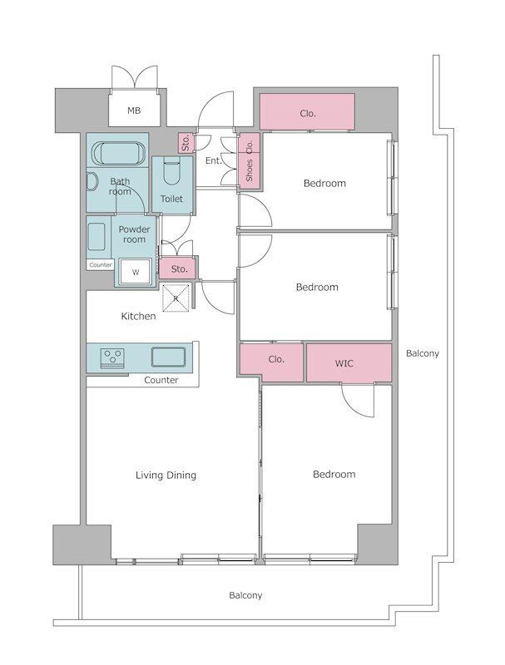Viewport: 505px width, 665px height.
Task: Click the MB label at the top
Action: click(x=134, y=111)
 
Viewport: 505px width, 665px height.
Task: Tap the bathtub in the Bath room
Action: click(x=119, y=154)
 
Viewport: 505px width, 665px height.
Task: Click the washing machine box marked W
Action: click(x=136, y=272)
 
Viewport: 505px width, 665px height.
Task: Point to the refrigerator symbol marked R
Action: click(x=176, y=298)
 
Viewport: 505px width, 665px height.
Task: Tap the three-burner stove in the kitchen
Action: click(x=112, y=357)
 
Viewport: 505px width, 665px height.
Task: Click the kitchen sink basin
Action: click(x=169, y=357)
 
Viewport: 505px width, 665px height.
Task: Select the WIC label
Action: click(x=344, y=363)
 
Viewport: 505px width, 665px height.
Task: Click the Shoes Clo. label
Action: click(x=249, y=161)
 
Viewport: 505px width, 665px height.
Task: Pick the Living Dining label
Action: click(x=166, y=475)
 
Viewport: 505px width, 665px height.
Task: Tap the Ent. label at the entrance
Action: click(x=214, y=160)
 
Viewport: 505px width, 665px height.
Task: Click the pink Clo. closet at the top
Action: click(x=307, y=111)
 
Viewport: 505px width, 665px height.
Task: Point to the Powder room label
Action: click(x=134, y=234)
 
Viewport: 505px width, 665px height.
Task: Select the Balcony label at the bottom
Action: click(x=245, y=595)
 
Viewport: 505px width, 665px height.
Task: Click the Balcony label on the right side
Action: click(x=423, y=353)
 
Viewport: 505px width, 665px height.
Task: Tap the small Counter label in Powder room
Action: click(x=101, y=264)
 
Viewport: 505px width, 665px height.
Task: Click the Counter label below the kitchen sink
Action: click(x=161, y=380)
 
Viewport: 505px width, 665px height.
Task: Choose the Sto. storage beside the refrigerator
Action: click(x=178, y=268)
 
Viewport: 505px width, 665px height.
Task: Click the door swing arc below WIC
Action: click(x=353, y=406)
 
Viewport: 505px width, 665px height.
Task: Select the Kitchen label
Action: click(x=138, y=316)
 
